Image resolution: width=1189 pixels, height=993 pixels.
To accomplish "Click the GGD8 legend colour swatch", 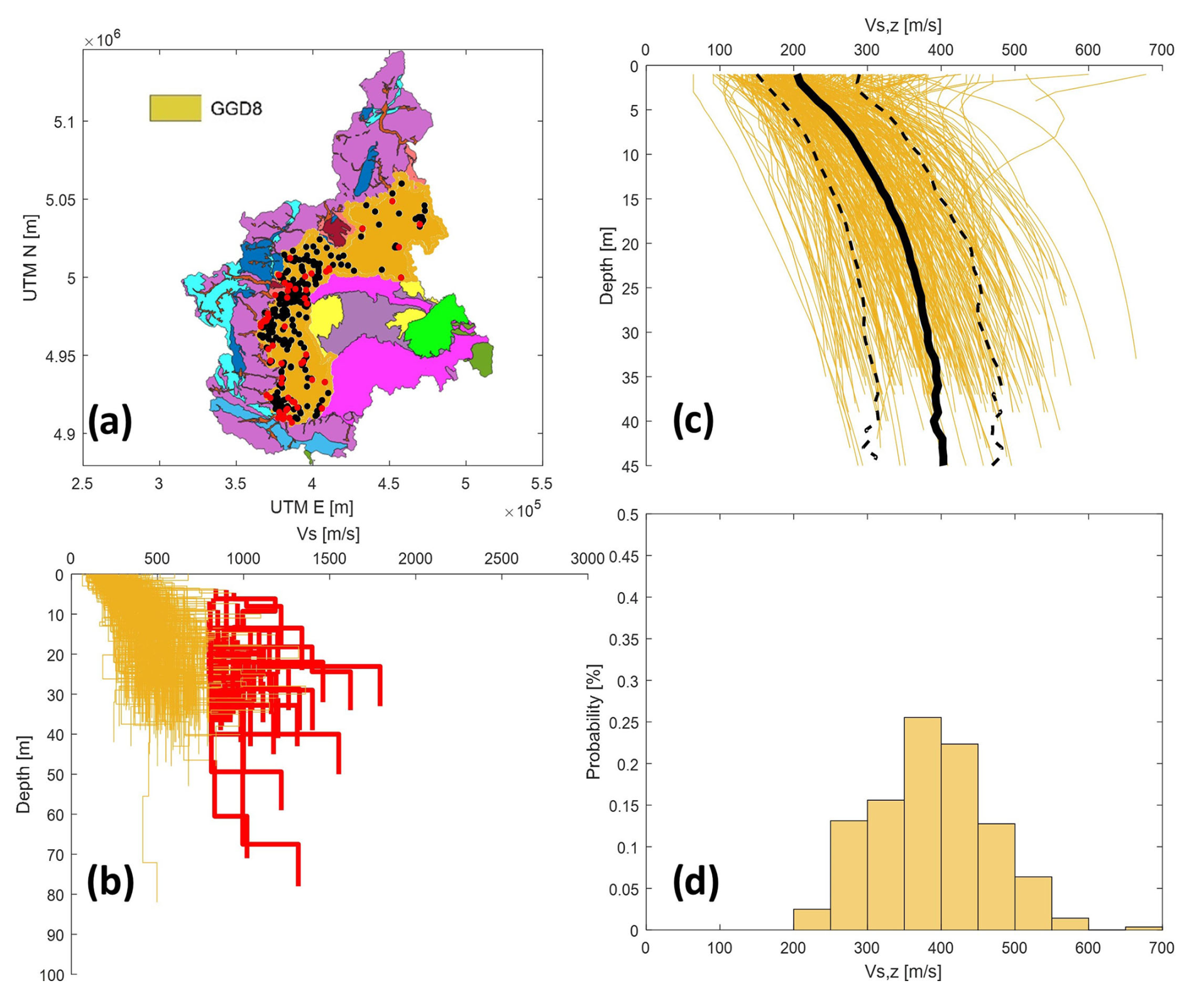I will click(175, 108).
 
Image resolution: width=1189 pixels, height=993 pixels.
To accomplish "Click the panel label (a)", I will click(110, 422).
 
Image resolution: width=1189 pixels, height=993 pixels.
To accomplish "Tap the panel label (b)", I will click(110, 882).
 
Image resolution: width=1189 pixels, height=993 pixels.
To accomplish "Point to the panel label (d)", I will click(696, 882).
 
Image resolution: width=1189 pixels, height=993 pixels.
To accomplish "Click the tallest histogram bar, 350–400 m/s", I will click(923, 823).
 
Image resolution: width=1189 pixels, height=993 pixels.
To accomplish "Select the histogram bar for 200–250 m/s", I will click(811, 919).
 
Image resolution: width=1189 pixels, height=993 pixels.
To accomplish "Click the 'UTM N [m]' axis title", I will click(30, 258).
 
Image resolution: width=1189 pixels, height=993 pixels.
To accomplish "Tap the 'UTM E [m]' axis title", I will click(312, 507).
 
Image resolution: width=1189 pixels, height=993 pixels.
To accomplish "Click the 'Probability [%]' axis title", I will click(593, 721).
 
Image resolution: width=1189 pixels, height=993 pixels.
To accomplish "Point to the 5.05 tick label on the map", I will click(60, 200).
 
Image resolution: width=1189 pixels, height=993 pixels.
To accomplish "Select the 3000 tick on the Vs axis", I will click(587, 558).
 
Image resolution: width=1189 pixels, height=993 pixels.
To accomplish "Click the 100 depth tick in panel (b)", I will click(52, 975).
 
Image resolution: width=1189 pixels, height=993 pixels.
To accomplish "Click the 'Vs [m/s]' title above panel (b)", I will click(328, 534).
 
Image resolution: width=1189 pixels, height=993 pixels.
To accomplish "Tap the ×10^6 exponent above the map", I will click(102, 40).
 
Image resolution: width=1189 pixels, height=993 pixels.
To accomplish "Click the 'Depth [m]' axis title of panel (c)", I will click(606, 266).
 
